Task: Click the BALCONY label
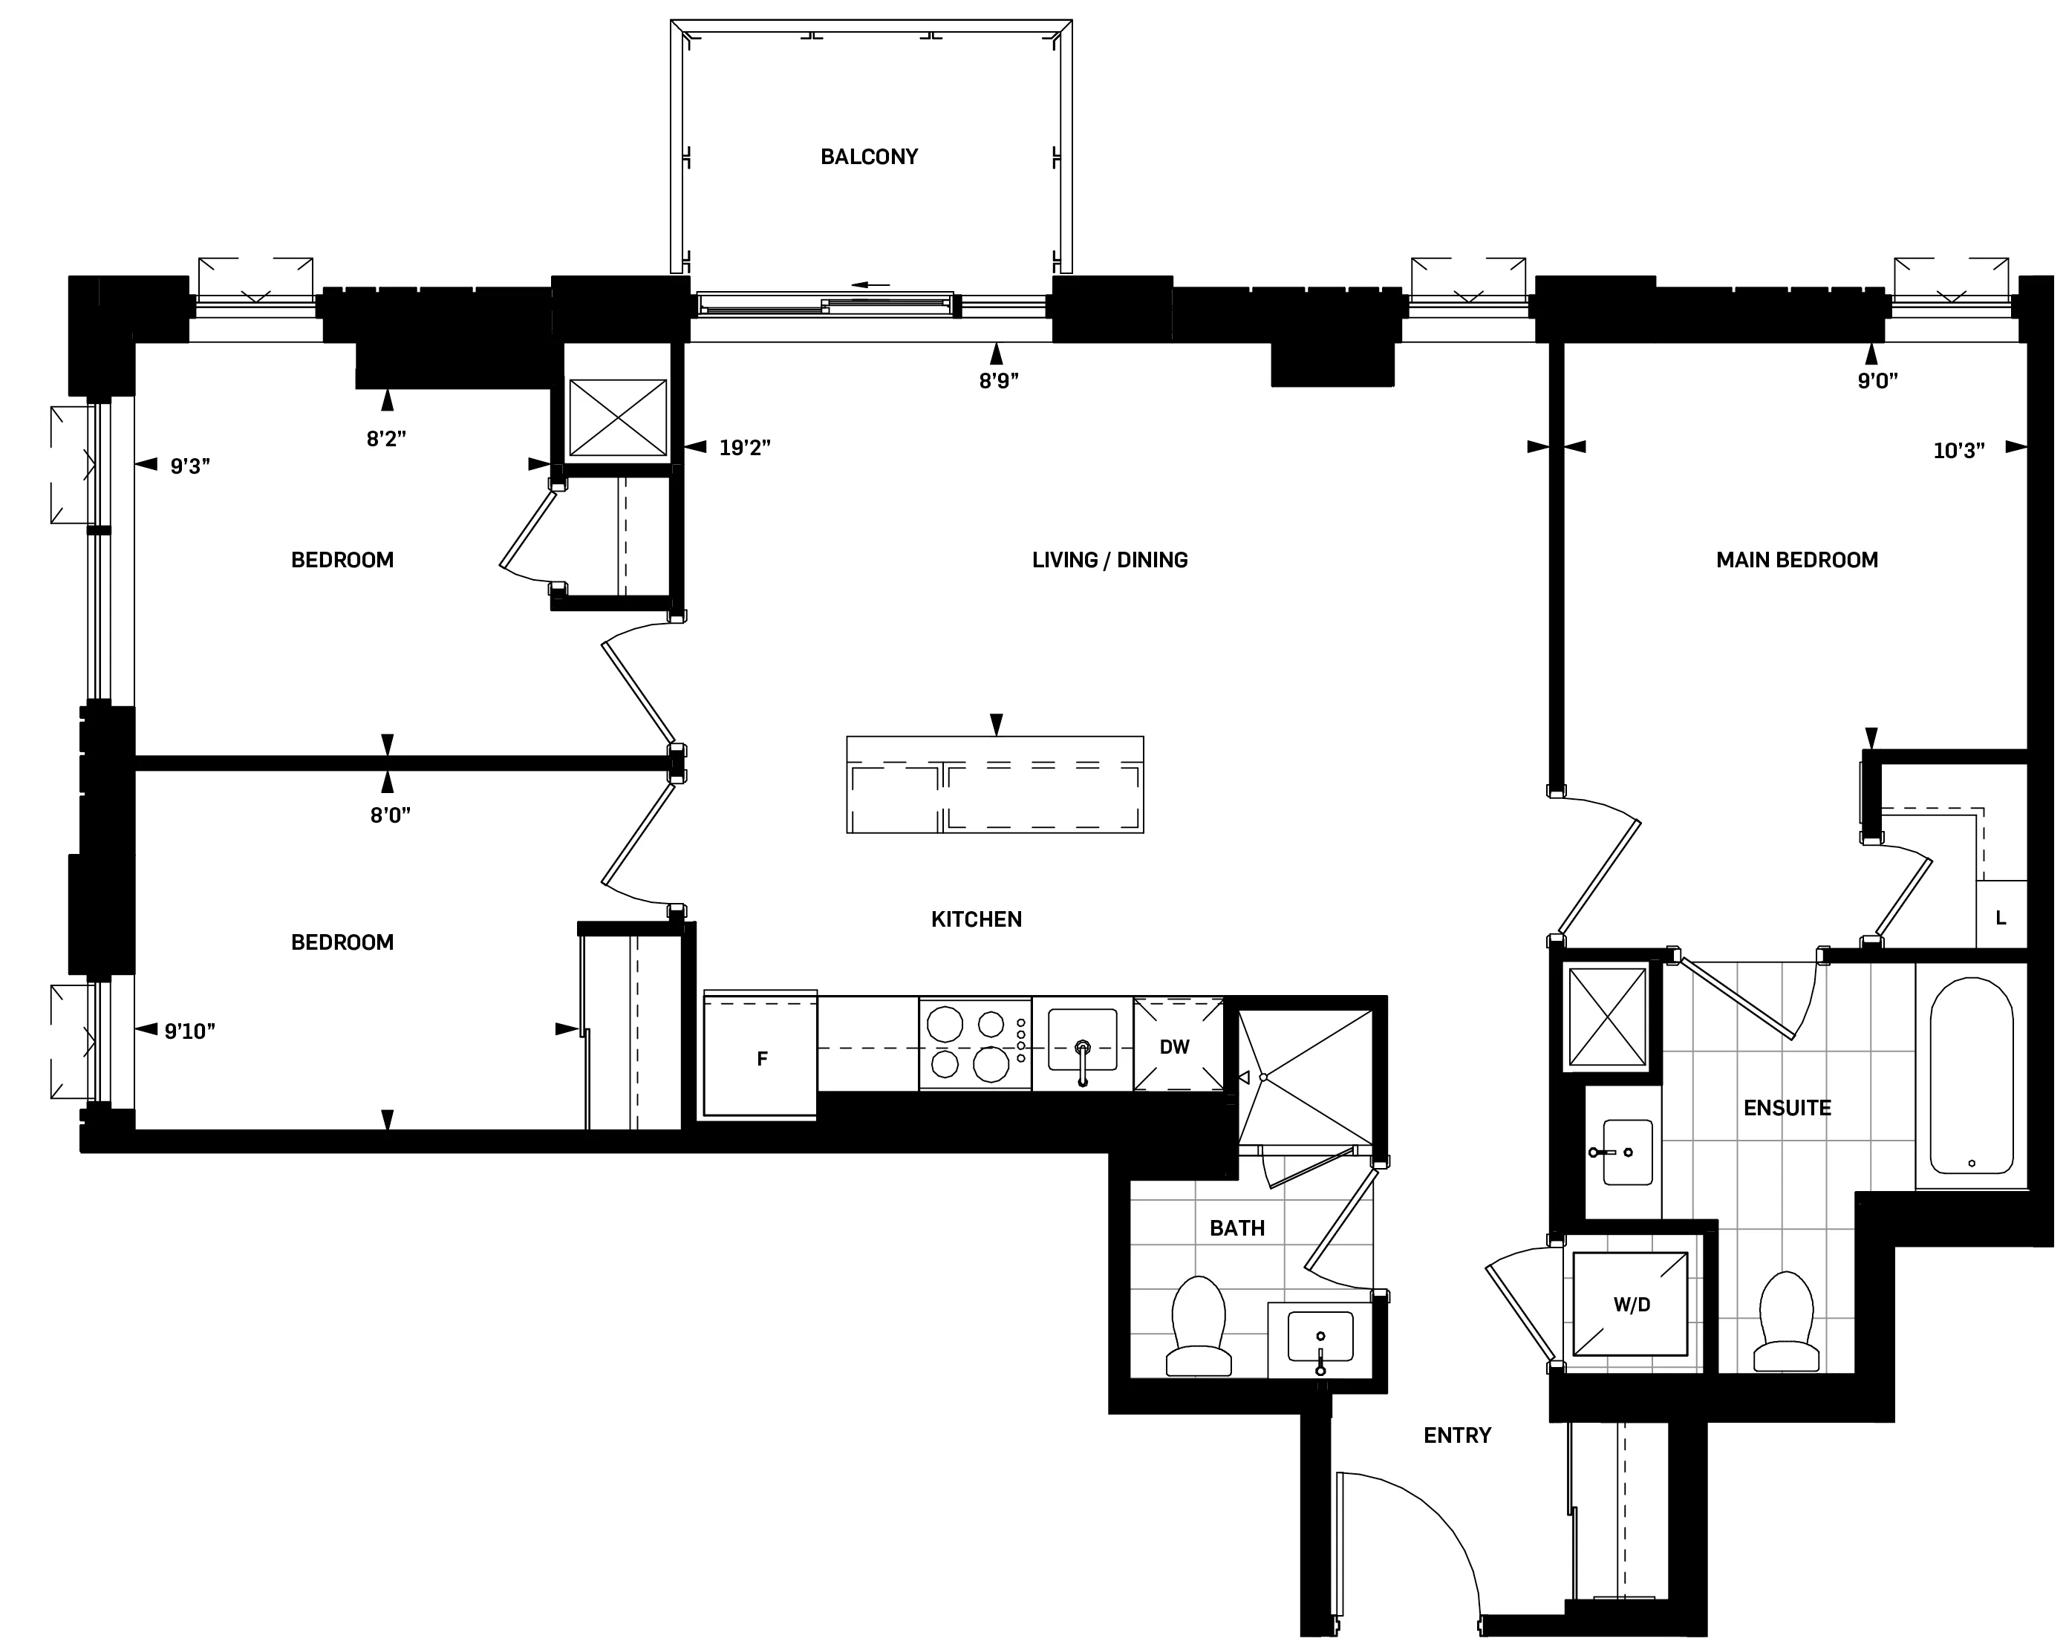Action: [x=868, y=156]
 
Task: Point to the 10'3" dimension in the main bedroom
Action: [x=1958, y=450]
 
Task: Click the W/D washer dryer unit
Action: [x=1631, y=1304]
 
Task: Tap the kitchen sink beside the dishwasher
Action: [x=1083, y=1043]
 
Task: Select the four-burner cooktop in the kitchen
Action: [x=974, y=1044]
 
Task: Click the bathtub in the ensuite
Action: [x=1970, y=1075]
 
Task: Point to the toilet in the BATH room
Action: [x=1198, y=1327]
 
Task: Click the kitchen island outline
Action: [x=994, y=783]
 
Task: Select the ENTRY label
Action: [x=1456, y=1435]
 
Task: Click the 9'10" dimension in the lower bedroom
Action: [x=189, y=1031]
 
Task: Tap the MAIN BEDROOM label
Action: [x=1796, y=560]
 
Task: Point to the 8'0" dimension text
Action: [x=390, y=815]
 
